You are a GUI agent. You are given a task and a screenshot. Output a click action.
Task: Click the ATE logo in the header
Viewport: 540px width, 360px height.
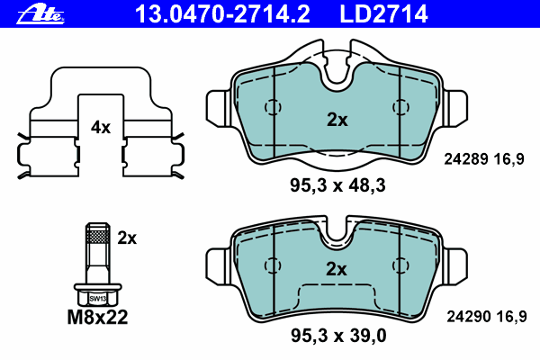coord(40,15)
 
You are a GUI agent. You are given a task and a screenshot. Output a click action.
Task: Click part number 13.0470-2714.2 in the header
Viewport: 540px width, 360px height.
coord(222,14)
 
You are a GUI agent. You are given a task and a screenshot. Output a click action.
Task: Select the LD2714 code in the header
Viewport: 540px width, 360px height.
coord(383,14)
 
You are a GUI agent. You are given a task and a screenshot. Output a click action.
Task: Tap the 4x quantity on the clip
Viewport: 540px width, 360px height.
coord(101,128)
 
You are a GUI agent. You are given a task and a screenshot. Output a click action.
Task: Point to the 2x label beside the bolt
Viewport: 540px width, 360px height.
coord(127,238)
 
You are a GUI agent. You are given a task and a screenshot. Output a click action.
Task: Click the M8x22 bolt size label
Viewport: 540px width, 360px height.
coord(97,318)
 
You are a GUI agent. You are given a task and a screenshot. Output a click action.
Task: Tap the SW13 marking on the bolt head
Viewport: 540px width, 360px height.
coord(98,299)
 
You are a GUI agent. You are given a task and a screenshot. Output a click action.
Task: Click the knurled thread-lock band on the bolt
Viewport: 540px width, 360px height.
coord(98,237)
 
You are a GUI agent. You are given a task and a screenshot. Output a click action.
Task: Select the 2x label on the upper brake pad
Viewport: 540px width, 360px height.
coord(337,120)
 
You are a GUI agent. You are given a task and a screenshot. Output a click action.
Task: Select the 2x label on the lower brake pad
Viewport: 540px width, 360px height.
coord(337,269)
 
